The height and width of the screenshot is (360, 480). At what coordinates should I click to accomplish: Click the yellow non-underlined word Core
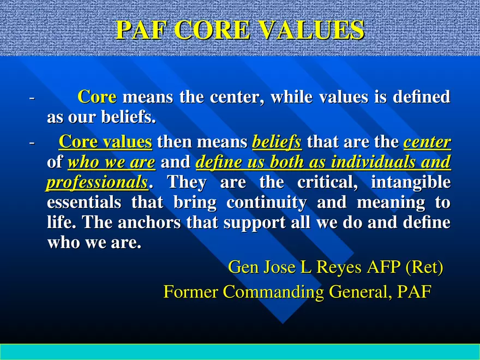click(97, 97)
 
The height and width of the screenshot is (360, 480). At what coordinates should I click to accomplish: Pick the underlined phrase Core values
click(105, 142)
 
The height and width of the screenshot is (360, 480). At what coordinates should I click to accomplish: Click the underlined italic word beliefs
click(277, 142)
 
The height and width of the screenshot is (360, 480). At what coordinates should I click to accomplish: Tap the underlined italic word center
click(427, 142)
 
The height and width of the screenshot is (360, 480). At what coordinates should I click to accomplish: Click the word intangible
click(411, 182)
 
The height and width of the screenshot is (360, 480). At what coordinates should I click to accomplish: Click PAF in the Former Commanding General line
click(415, 292)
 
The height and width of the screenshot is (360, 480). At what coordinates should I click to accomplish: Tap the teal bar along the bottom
click(240, 352)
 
